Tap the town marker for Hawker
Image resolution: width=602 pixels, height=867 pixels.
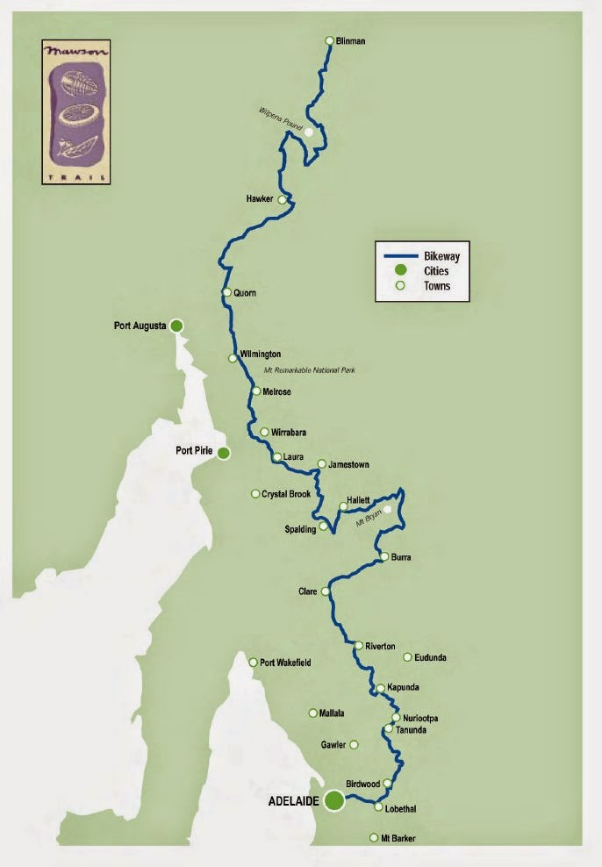(x=282, y=200)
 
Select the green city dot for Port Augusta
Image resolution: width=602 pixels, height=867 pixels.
(x=176, y=326)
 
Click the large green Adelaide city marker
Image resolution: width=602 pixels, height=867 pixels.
(x=333, y=800)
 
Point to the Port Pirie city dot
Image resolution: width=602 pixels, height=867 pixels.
(x=224, y=453)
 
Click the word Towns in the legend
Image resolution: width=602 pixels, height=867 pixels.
(x=437, y=285)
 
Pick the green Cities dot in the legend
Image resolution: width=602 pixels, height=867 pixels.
(x=399, y=270)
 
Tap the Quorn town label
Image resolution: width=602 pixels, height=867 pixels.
(x=245, y=293)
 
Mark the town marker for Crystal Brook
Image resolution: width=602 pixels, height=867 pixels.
(x=255, y=494)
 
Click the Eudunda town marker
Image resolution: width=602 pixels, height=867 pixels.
(x=407, y=656)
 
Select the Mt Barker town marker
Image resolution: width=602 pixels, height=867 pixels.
(x=373, y=838)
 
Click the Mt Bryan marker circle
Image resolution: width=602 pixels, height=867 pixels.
(x=388, y=509)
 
